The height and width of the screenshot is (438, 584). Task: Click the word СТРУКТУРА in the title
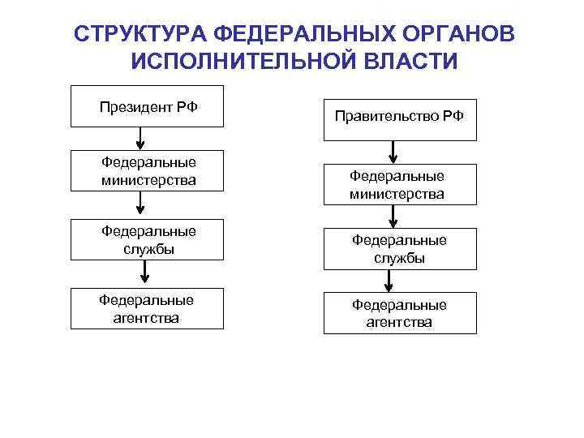pyautogui.click(x=138, y=35)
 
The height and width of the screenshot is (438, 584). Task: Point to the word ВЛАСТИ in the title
pyautogui.click(x=410, y=62)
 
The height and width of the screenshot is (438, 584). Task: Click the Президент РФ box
pyautogui.click(x=147, y=106)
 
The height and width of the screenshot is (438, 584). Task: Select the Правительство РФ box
pyautogui.click(x=400, y=116)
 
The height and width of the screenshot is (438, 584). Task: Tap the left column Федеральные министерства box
pyautogui.click(x=147, y=170)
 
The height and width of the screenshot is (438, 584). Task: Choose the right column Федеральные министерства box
pyautogui.click(x=400, y=185)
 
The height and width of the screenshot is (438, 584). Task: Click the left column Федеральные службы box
pyautogui.click(x=147, y=240)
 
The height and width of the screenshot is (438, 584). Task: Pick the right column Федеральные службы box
pyautogui.click(x=400, y=249)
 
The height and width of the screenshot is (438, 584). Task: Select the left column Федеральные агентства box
pyautogui.click(x=147, y=309)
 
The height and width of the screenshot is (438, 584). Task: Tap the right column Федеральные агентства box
pyautogui.click(x=400, y=313)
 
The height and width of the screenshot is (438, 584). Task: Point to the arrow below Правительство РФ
pyautogui.click(x=393, y=152)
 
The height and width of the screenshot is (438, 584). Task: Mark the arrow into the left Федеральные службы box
pyautogui.click(x=140, y=206)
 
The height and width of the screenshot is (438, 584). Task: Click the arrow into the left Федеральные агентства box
pyautogui.click(x=140, y=275)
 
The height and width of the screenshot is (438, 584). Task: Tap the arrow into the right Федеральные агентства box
pyautogui.click(x=390, y=281)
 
